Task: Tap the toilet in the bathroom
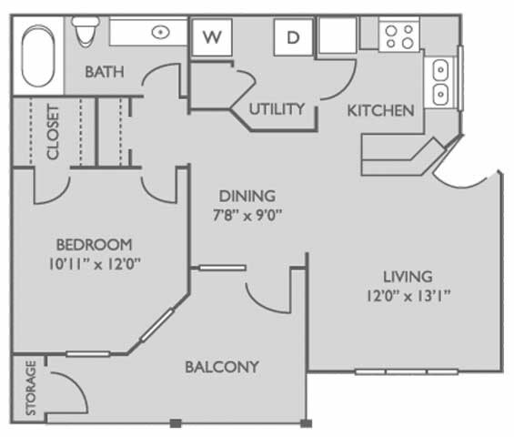click(x=86, y=31)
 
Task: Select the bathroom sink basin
click(x=160, y=32)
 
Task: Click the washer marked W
click(x=211, y=37)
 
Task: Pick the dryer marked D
click(x=293, y=37)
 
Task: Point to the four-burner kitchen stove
click(x=398, y=36)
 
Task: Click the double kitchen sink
click(x=440, y=82)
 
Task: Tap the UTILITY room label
click(x=277, y=109)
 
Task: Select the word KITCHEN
click(x=380, y=110)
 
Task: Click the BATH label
click(x=105, y=72)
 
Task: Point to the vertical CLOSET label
click(x=52, y=132)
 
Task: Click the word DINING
click(x=247, y=196)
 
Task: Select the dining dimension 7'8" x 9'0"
click(x=247, y=215)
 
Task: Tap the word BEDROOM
click(x=94, y=244)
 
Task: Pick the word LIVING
click(x=408, y=276)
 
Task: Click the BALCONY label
click(x=222, y=367)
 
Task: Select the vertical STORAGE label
click(x=31, y=389)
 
